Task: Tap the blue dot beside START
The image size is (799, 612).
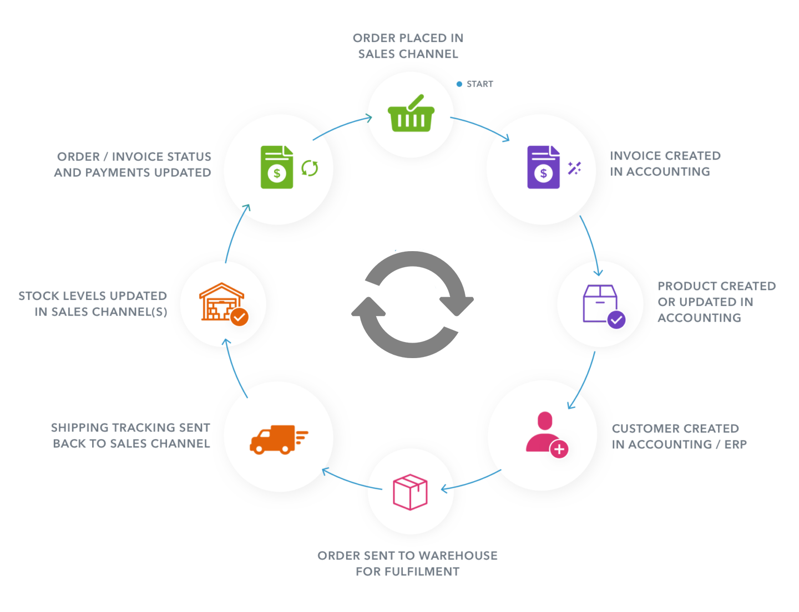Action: (459, 84)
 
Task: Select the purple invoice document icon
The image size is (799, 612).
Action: (543, 167)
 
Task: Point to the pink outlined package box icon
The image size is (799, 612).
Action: (410, 492)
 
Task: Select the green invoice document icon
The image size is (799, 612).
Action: (277, 167)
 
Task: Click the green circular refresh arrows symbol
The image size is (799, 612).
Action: (310, 167)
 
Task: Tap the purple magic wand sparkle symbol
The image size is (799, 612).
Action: (574, 168)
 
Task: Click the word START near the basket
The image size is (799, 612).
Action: (480, 84)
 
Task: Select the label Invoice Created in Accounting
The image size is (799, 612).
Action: (665, 164)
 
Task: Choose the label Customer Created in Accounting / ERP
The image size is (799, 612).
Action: (679, 436)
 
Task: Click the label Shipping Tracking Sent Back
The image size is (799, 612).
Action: (131, 435)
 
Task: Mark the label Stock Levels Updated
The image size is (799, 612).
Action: (93, 303)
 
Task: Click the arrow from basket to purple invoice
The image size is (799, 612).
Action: (481, 128)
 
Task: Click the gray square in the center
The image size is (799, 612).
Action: (412, 304)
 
